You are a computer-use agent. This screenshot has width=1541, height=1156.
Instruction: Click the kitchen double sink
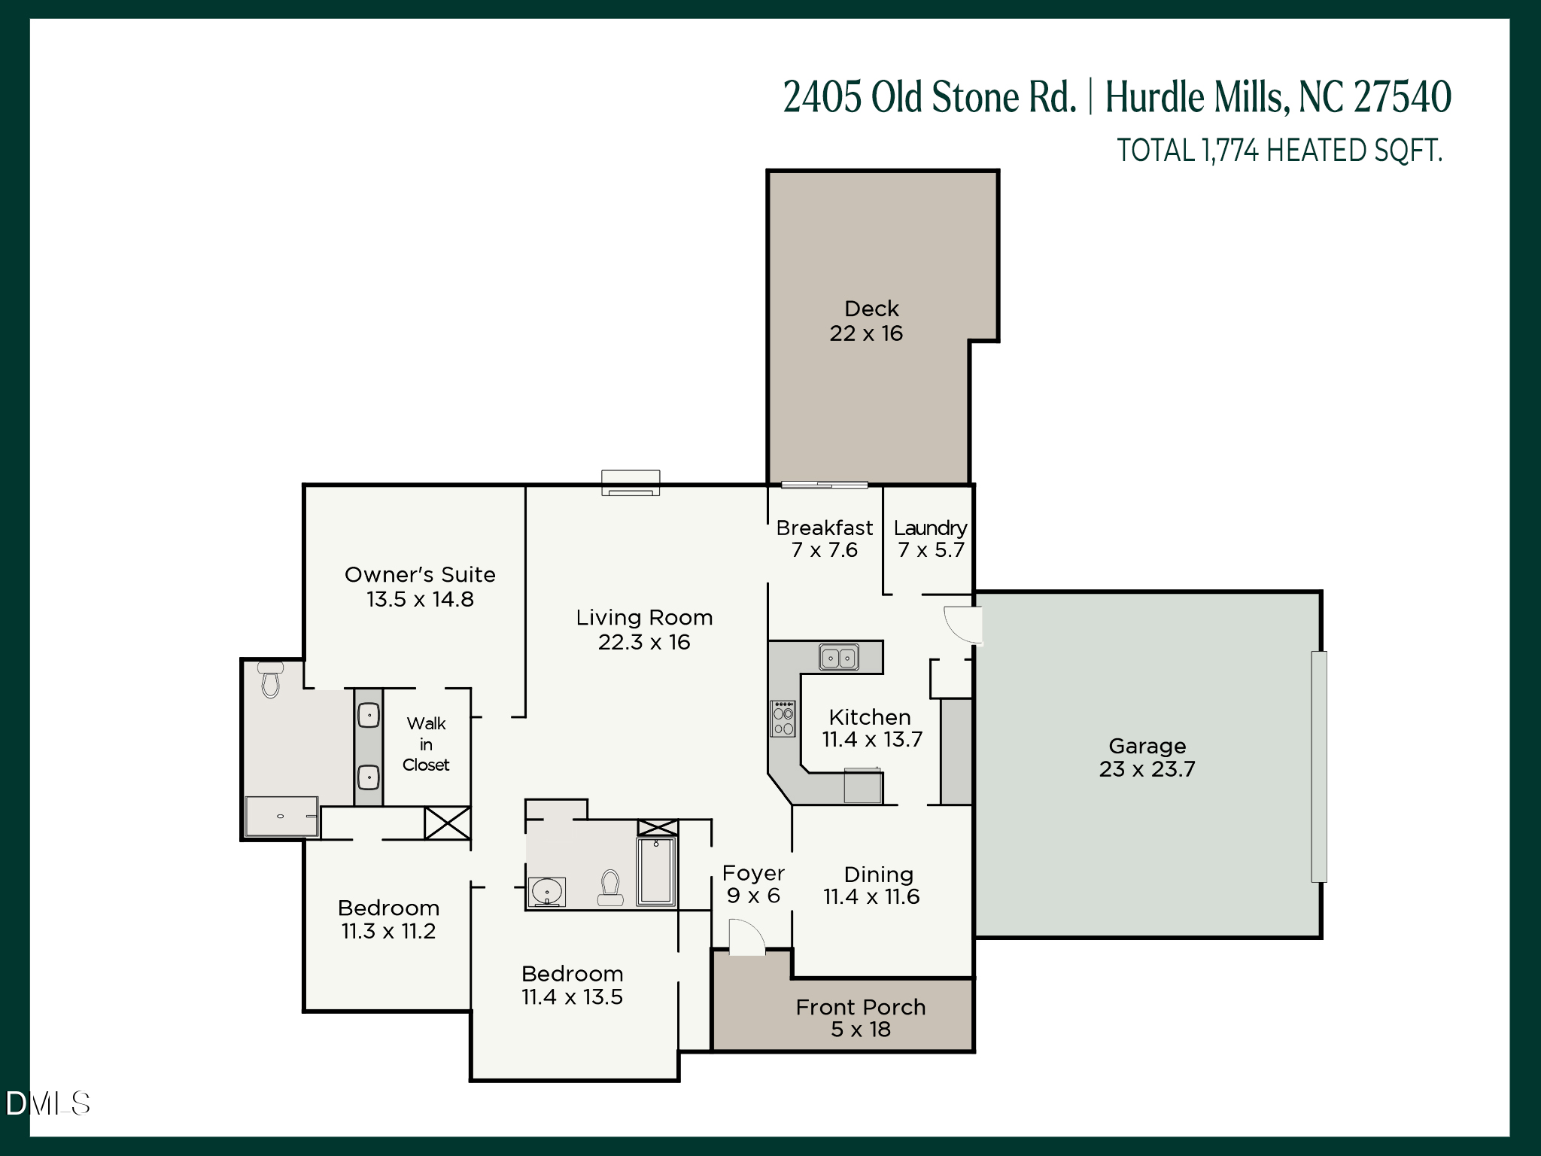point(838,659)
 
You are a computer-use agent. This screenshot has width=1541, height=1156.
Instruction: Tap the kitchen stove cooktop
point(783,718)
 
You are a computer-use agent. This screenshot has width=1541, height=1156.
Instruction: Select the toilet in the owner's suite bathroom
point(270,679)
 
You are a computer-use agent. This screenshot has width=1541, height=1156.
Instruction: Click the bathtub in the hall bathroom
point(656,871)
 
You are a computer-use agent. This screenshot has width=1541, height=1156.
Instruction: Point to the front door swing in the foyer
point(746,938)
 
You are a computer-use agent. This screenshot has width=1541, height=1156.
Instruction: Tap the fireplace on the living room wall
point(631,482)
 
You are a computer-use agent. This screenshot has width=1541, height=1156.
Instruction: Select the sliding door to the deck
point(825,485)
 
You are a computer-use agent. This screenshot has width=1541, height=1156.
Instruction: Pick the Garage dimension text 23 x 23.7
point(1147,769)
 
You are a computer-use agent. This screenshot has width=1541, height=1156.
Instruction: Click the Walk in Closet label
point(426,744)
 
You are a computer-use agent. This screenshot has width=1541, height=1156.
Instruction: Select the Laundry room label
point(930,528)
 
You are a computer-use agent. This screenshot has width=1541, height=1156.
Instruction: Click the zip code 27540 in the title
point(1403,97)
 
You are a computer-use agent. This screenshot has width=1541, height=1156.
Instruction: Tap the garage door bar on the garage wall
point(1318,766)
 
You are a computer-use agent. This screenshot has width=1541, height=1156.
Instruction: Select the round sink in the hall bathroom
point(546,892)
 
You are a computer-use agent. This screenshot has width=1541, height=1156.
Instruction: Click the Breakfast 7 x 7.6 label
point(825,539)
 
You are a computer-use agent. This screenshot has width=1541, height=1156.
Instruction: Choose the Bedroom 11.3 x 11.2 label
point(388,920)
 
